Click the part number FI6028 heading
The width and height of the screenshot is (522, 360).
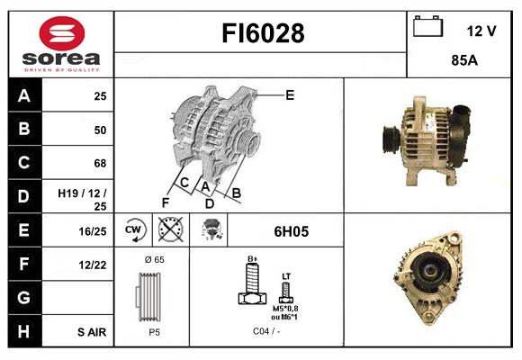263,34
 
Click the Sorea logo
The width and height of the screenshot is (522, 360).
61,43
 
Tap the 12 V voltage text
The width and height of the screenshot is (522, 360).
481,31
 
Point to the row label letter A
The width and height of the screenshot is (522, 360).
23,96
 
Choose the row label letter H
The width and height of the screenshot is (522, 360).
23,332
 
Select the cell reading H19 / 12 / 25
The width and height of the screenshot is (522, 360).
82,199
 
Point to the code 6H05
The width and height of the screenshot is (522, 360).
291,231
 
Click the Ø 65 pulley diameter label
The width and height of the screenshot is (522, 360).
153,259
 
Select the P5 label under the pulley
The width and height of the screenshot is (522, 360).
153,330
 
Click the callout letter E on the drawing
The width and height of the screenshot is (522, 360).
290,94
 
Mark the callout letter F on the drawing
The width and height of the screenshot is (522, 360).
165,202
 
